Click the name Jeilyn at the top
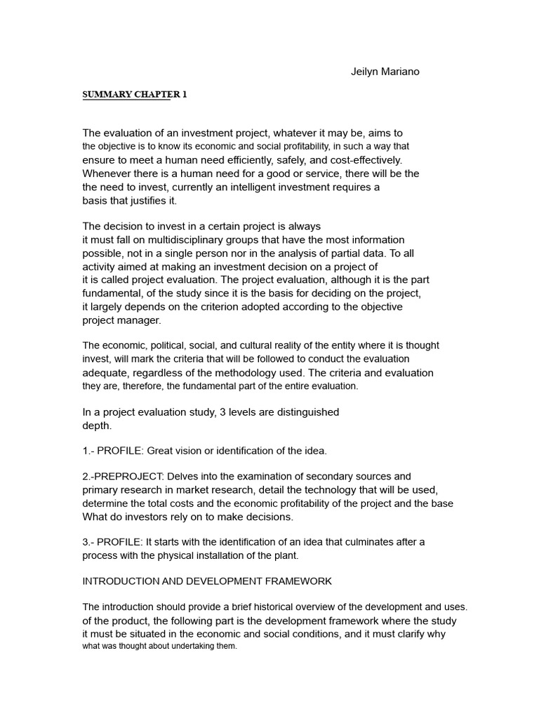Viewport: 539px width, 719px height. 365,72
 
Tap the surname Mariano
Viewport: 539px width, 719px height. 401,72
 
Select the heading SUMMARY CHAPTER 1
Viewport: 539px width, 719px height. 135,95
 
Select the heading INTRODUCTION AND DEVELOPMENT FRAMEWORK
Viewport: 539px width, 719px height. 208,581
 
